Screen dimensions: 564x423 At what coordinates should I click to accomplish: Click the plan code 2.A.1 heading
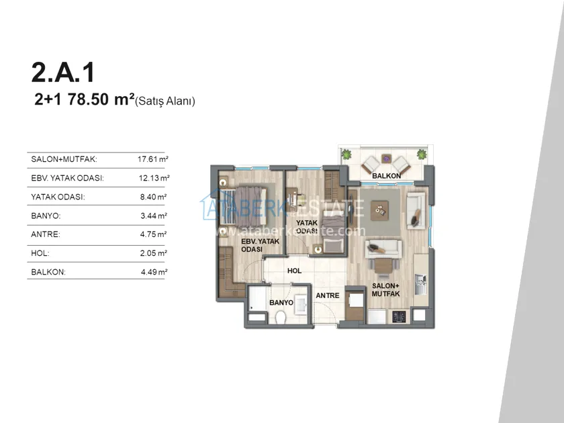click(63, 73)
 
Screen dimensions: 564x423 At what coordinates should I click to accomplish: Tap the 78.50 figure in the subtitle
click(88, 99)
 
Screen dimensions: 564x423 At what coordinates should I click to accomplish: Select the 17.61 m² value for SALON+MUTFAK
click(153, 159)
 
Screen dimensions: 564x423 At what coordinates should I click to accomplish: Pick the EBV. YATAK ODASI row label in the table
click(68, 178)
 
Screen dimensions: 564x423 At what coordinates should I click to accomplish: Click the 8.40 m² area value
click(154, 197)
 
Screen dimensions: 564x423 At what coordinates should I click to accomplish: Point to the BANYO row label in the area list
click(46, 216)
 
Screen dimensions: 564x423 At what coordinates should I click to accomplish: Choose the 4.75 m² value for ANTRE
click(154, 234)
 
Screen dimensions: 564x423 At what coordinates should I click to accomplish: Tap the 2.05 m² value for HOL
click(154, 253)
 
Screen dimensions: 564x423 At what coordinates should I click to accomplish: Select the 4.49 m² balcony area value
click(154, 272)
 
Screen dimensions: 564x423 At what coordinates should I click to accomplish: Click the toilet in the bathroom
click(281, 318)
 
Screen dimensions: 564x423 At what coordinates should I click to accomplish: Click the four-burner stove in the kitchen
click(399, 317)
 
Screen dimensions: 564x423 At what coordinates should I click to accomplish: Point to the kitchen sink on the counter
click(420, 284)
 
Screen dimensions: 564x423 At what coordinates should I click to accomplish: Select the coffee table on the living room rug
click(380, 209)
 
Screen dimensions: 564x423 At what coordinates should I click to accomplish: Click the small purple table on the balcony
click(386, 158)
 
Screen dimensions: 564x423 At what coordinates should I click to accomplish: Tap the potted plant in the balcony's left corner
click(346, 154)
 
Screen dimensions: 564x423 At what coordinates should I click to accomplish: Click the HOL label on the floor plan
click(294, 271)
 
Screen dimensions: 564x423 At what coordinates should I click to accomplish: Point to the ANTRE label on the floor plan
click(328, 295)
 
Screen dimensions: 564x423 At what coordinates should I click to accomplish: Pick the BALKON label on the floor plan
click(386, 176)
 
